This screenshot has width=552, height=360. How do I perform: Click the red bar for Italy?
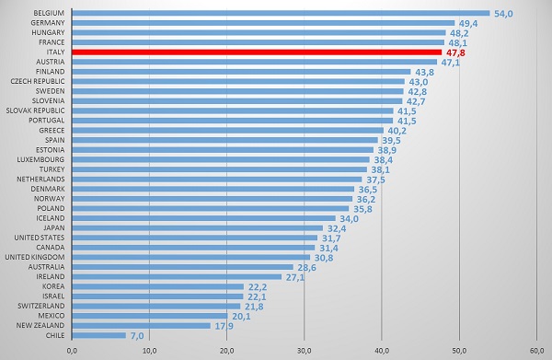[257, 52]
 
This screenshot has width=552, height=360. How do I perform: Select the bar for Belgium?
[281, 13]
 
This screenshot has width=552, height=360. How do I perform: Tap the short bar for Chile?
[99, 335]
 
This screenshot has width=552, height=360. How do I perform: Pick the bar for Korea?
[157, 286]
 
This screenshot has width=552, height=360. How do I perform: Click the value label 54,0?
[503, 14]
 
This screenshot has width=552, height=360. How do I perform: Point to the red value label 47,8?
[455, 52]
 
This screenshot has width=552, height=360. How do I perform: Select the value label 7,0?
[137, 336]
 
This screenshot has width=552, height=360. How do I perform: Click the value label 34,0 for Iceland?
[349, 219]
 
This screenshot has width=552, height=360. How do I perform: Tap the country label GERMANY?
[48, 22]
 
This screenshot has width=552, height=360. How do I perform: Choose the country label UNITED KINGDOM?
[35, 257]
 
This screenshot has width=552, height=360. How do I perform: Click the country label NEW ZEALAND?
[40, 326]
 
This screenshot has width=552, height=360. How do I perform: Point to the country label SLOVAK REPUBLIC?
[36, 110]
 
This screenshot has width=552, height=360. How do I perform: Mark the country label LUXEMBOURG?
[40, 159]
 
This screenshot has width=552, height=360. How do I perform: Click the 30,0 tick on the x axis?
[305, 351]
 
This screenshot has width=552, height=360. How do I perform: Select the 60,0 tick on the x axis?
[536, 351]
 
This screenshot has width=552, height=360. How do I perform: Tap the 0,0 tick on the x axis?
[72, 351]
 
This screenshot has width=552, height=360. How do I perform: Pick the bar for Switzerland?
[156, 306]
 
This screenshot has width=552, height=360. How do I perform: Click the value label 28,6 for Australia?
[306, 268]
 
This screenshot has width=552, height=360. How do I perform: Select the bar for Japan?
[197, 228]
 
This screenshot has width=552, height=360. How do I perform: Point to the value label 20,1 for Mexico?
[241, 317]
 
